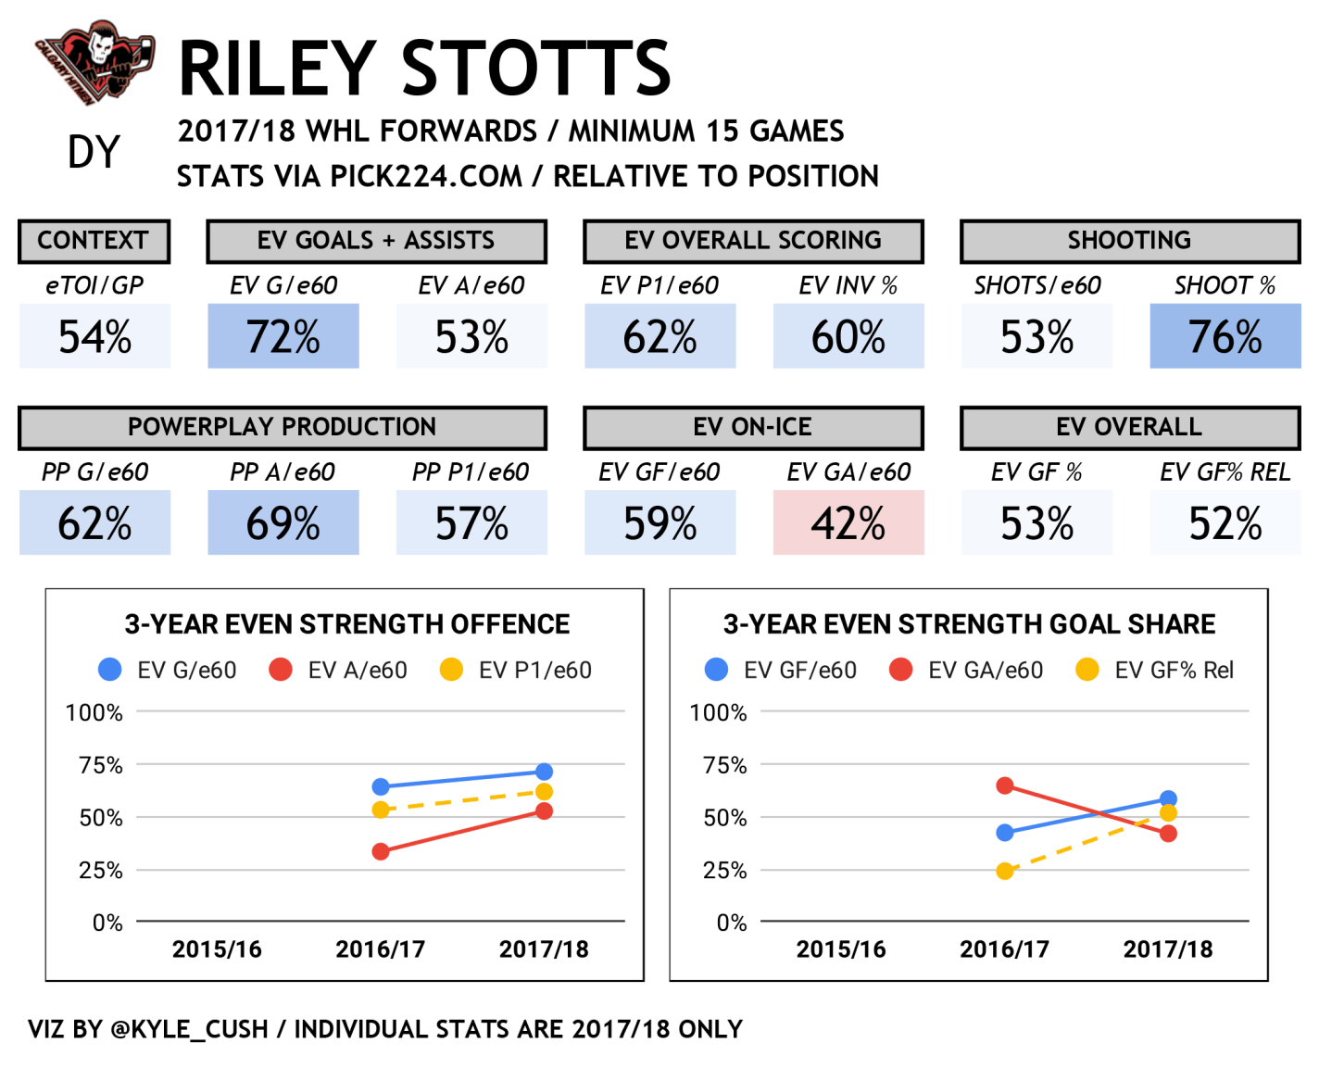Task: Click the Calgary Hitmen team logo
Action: coord(94,63)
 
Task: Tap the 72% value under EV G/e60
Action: coord(283,337)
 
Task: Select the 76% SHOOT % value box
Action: coord(1225,337)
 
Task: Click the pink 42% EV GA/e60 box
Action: coord(848,523)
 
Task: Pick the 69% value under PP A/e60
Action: coord(283,523)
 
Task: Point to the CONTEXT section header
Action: coord(94,241)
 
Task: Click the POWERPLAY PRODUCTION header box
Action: coord(283,427)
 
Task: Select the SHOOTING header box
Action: coord(1130,241)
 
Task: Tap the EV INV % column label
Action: coord(848,285)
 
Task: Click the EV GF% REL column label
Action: coord(1225,472)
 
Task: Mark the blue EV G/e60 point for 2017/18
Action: coord(544,772)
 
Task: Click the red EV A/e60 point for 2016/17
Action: coord(381,851)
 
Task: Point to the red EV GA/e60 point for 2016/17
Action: coord(1005,785)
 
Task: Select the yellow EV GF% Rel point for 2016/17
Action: coord(1005,871)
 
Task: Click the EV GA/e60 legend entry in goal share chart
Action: coord(967,670)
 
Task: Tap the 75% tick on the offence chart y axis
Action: coord(101,765)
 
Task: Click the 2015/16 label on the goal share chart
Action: coord(841,949)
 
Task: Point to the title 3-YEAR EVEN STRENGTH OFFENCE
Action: coord(347,624)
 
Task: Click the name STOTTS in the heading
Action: coord(536,69)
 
